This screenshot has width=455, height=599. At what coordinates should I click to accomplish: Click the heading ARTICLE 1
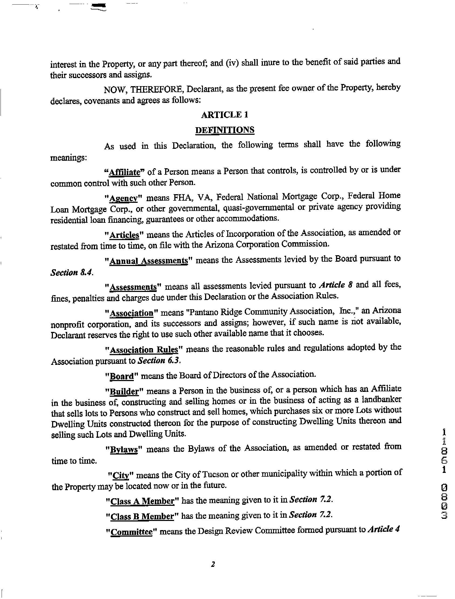click(x=225, y=115)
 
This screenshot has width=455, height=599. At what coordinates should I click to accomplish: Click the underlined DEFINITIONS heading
click(x=225, y=130)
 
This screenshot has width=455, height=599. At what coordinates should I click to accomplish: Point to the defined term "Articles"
click(x=124, y=235)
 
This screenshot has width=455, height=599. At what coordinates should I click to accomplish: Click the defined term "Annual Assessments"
click(x=148, y=261)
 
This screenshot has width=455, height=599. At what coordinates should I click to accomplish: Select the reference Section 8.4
click(x=72, y=272)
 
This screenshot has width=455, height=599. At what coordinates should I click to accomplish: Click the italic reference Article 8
click(x=336, y=285)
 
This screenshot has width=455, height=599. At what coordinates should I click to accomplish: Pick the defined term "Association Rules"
click(x=144, y=350)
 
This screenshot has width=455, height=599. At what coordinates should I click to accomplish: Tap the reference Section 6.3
click(x=159, y=361)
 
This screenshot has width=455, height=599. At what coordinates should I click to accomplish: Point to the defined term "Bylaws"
click(x=124, y=449)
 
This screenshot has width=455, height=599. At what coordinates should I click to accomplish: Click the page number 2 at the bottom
click(x=213, y=564)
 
